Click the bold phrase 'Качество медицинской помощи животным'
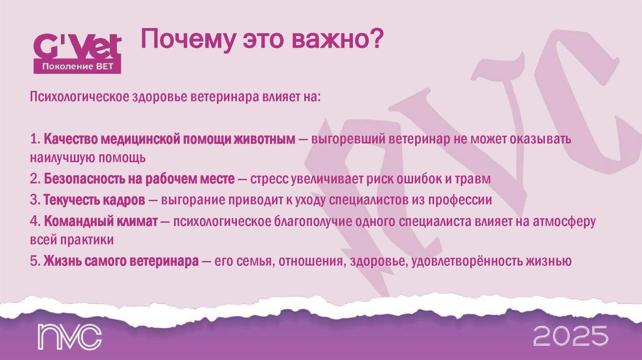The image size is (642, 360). (x=169, y=138)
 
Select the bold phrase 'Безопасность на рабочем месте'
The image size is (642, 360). (x=140, y=179)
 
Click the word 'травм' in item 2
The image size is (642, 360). (x=475, y=179)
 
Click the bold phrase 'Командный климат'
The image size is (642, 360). (x=100, y=221)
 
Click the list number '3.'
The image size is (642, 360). (x=34, y=200)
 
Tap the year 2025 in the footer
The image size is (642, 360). (x=571, y=336)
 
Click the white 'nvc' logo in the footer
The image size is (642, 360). (x=69, y=337)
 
